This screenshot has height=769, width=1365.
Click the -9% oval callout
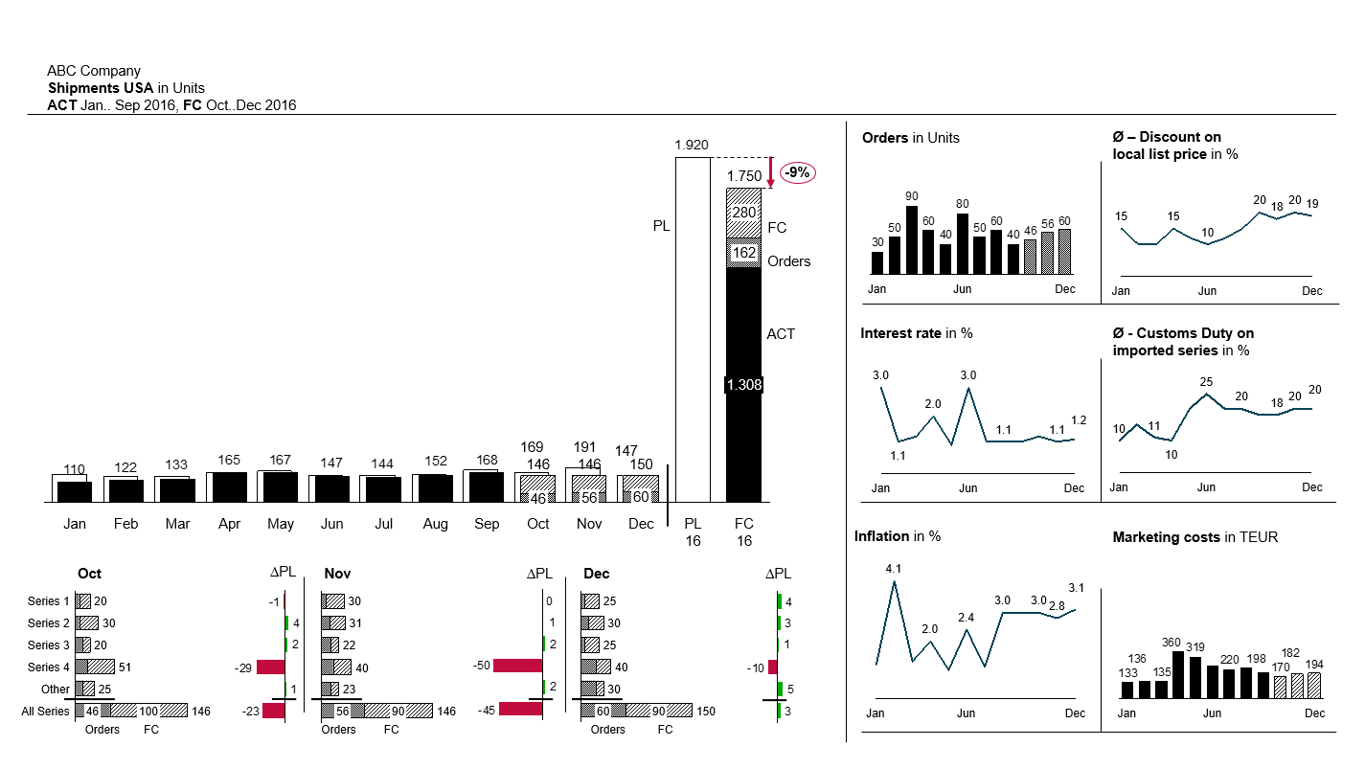(x=798, y=173)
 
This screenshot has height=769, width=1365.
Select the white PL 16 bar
(x=693, y=329)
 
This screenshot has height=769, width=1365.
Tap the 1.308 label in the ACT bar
(x=744, y=385)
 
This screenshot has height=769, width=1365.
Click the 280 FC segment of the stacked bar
(x=744, y=213)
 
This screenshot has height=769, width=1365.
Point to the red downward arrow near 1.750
(x=770, y=171)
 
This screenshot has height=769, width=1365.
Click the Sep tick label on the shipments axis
(x=487, y=524)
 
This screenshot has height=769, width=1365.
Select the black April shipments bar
(x=230, y=487)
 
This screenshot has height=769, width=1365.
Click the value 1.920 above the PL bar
(x=692, y=145)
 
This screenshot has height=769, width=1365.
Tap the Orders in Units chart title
(x=910, y=138)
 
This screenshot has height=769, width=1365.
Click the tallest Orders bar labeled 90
(x=912, y=240)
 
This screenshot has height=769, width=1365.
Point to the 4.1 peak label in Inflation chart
(x=894, y=569)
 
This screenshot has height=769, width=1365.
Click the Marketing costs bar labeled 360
(x=1178, y=674)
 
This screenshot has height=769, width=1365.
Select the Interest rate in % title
(x=917, y=333)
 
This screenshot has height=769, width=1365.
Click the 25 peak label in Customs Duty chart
(x=1206, y=382)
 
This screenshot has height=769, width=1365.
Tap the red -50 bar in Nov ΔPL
(x=518, y=666)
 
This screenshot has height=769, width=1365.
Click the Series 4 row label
(x=48, y=667)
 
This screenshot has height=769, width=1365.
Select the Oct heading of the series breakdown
(x=90, y=574)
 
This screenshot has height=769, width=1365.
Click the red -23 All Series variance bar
(x=274, y=711)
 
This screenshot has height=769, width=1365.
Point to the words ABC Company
(x=94, y=71)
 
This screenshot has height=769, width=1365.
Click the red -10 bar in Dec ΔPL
(x=773, y=667)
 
